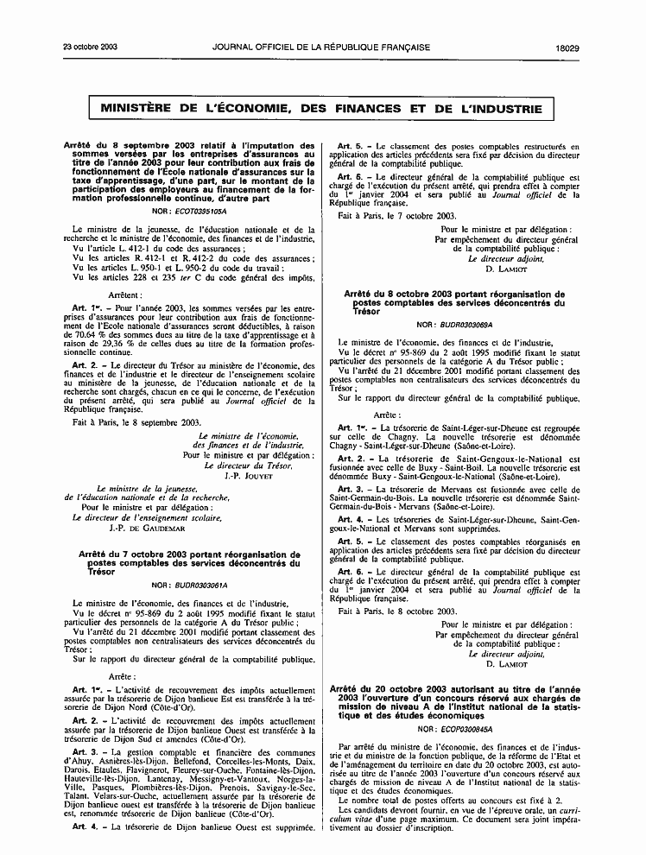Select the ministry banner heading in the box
322,109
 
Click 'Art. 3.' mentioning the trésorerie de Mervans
355,488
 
